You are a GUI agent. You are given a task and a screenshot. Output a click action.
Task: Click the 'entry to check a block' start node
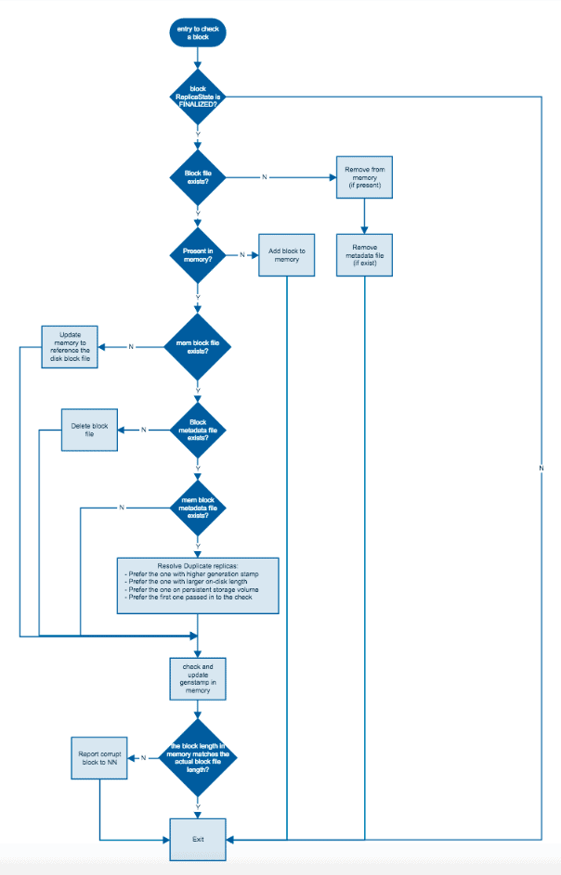(197, 34)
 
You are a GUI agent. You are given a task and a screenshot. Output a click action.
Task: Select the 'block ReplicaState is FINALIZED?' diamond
(197, 95)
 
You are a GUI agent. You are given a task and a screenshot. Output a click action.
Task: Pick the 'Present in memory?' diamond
(197, 255)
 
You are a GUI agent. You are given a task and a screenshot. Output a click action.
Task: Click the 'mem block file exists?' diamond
(197, 347)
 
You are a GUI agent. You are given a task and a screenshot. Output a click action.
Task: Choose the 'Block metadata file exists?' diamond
(197, 429)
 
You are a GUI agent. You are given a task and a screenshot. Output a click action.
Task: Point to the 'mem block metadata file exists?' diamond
(197, 508)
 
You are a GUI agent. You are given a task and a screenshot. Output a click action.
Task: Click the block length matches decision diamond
(197, 758)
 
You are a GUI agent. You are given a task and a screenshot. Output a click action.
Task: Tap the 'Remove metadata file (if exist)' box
(364, 255)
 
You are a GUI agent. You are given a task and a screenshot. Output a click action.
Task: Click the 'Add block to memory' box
(287, 255)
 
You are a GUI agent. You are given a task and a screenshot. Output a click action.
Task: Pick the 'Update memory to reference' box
(70, 347)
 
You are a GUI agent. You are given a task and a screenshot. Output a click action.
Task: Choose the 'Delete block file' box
(89, 431)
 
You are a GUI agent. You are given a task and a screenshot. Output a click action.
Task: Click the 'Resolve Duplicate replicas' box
(197, 585)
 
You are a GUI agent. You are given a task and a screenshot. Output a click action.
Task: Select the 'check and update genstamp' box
(197, 678)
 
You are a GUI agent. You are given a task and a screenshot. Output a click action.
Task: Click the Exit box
(197, 838)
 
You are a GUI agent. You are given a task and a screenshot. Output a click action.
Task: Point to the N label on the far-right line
(541, 469)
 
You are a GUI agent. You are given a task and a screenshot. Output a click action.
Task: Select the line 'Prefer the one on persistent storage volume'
(190, 590)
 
